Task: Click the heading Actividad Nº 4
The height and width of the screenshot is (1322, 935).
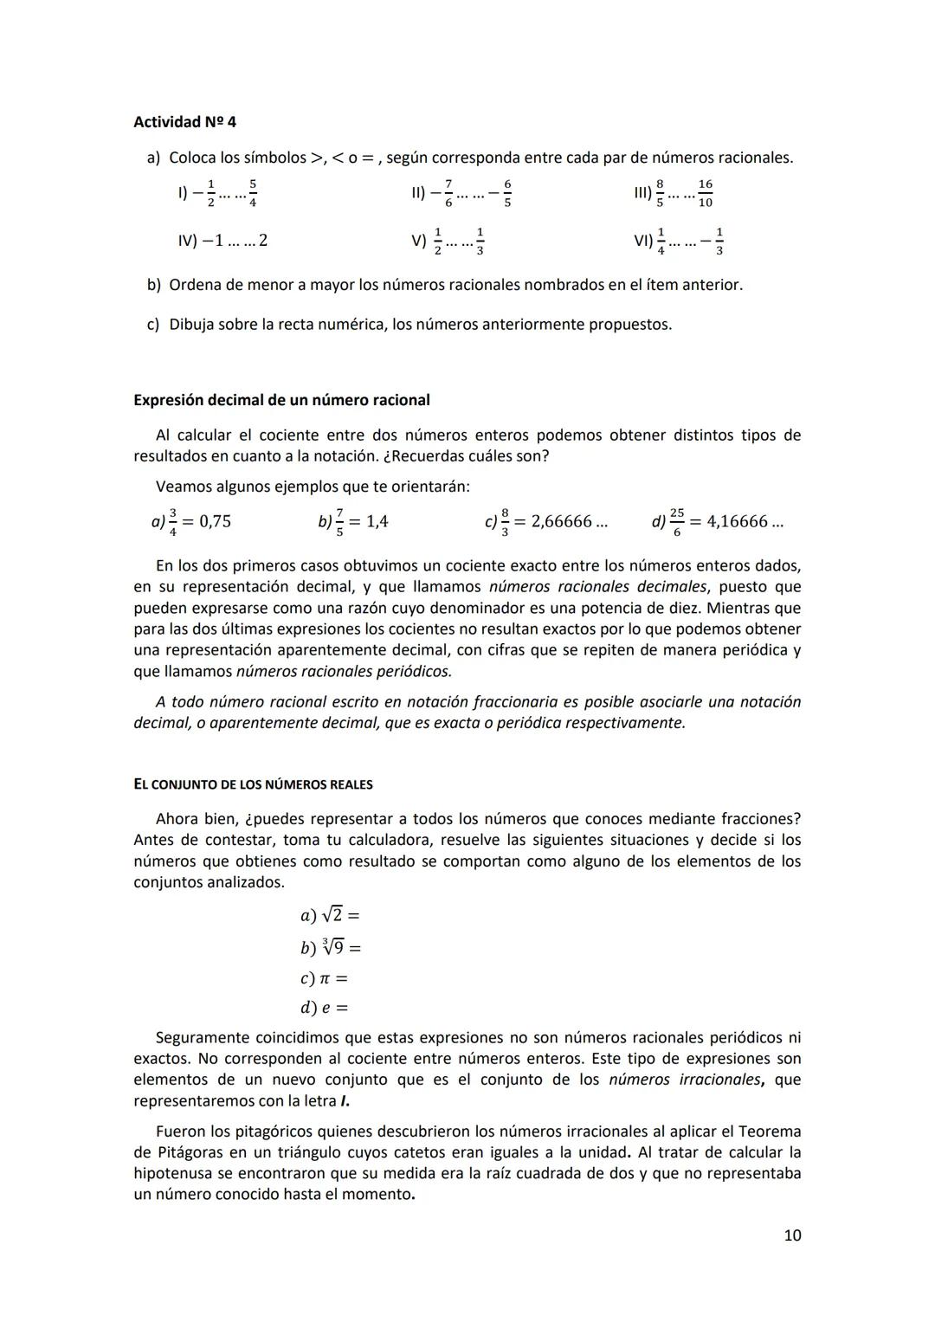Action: click(x=184, y=122)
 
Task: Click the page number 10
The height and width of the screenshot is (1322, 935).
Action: click(x=791, y=1235)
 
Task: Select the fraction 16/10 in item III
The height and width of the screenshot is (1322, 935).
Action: click(x=706, y=193)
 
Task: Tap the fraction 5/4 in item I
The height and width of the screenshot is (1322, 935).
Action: click(x=252, y=193)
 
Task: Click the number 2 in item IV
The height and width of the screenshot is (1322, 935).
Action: click(x=262, y=241)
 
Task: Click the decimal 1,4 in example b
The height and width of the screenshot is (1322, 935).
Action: click(x=377, y=521)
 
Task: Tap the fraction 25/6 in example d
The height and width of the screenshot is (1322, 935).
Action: click(x=676, y=521)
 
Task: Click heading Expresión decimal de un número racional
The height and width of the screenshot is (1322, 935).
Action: click(x=281, y=400)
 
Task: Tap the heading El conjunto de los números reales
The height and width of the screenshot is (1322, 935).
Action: click(x=253, y=784)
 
